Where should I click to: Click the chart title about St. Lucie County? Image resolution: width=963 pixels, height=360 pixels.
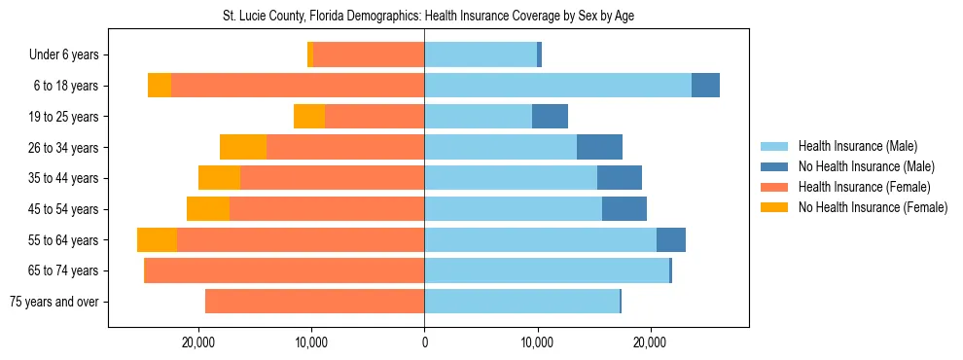(x=424, y=17)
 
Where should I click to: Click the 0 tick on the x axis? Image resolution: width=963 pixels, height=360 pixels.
(x=424, y=343)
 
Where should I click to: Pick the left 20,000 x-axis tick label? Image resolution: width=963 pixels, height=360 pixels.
(x=198, y=343)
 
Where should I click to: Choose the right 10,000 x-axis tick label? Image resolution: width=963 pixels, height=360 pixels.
(x=537, y=343)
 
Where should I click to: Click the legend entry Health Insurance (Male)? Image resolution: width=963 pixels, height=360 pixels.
(x=857, y=146)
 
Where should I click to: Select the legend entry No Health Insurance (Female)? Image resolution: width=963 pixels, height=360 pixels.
(x=873, y=207)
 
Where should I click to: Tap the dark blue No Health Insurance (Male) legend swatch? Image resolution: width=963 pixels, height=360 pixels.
(x=774, y=166)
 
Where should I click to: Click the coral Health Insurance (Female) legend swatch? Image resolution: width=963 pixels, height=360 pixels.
(x=774, y=187)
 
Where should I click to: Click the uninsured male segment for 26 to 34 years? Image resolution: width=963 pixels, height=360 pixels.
(x=599, y=147)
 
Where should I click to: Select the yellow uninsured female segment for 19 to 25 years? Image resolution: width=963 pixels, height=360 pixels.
(x=309, y=117)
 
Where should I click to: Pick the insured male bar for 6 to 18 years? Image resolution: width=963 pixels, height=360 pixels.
(x=557, y=86)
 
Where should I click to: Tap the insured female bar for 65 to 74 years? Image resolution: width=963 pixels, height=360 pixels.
(x=284, y=270)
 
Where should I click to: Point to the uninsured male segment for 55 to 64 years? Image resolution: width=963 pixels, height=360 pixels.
(x=671, y=240)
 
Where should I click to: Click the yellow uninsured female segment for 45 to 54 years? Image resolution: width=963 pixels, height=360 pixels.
(x=208, y=209)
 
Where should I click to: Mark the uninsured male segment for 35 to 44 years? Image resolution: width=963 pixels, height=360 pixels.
(x=620, y=178)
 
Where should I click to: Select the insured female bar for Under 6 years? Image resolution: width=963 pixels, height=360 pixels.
(x=369, y=55)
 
